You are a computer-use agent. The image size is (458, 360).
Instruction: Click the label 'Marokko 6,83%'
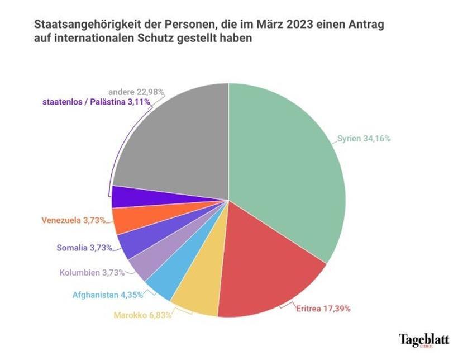coord(142,315)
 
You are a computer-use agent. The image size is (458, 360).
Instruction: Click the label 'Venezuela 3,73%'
coord(74,220)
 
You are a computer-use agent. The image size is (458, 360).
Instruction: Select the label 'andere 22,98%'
coord(135,92)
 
